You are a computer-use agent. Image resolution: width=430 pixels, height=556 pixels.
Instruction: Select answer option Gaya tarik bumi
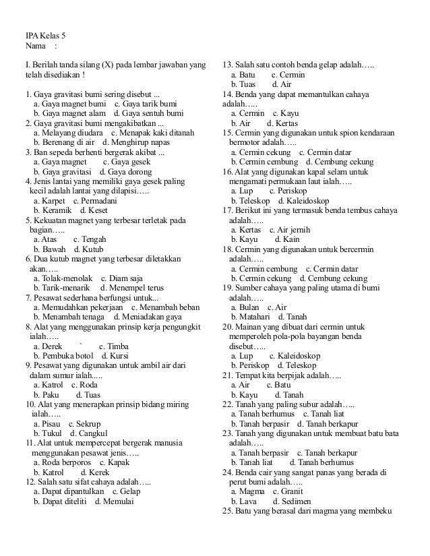click(145, 104)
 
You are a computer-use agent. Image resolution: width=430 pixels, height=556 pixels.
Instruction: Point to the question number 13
click(227, 65)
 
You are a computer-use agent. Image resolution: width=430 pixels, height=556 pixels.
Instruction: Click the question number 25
click(227, 511)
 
